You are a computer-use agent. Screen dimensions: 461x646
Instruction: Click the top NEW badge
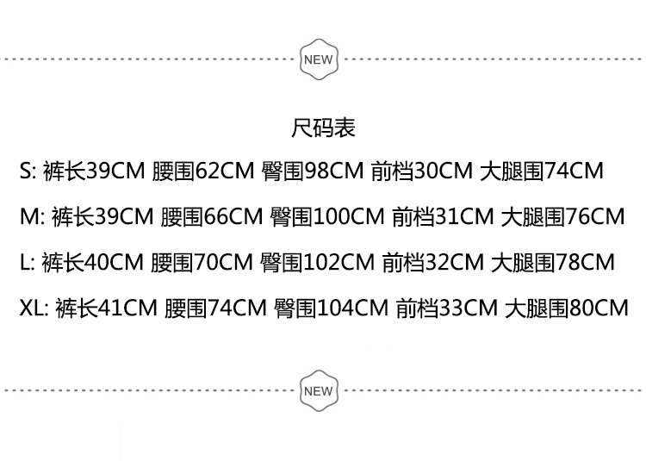pyautogui.click(x=318, y=59)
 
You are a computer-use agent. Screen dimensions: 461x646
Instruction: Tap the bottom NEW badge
pyautogui.click(x=318, y=391)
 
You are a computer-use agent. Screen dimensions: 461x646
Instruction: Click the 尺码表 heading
pyautogui.click(x=323, y=128)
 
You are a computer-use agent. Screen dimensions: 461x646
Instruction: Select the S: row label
pyautogui.click(x=28, y=171)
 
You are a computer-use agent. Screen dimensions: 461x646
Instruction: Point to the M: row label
pyautogui.click(x=32, y=216)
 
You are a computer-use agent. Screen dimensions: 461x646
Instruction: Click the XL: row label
pyautogui.click(x=35, y=308)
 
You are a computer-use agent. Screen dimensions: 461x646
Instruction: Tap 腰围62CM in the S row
pyautogui.click(x=202, y=171)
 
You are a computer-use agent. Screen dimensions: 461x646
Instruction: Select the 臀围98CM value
pyautogui.click(x=313, y=171)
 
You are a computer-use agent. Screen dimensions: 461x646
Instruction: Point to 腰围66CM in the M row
pyautogui.click(x=212, y=216)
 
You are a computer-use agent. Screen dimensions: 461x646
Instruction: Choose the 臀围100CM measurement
pyautogui.click(x=327, y=216)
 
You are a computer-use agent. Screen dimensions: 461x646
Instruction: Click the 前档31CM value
pyautogui.click(x=443, y=216)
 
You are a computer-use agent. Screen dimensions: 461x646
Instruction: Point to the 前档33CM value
pyautogui.click(x=446, y=308)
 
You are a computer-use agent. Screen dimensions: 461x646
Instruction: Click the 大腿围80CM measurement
pyautogui.click(x=567, y=308)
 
